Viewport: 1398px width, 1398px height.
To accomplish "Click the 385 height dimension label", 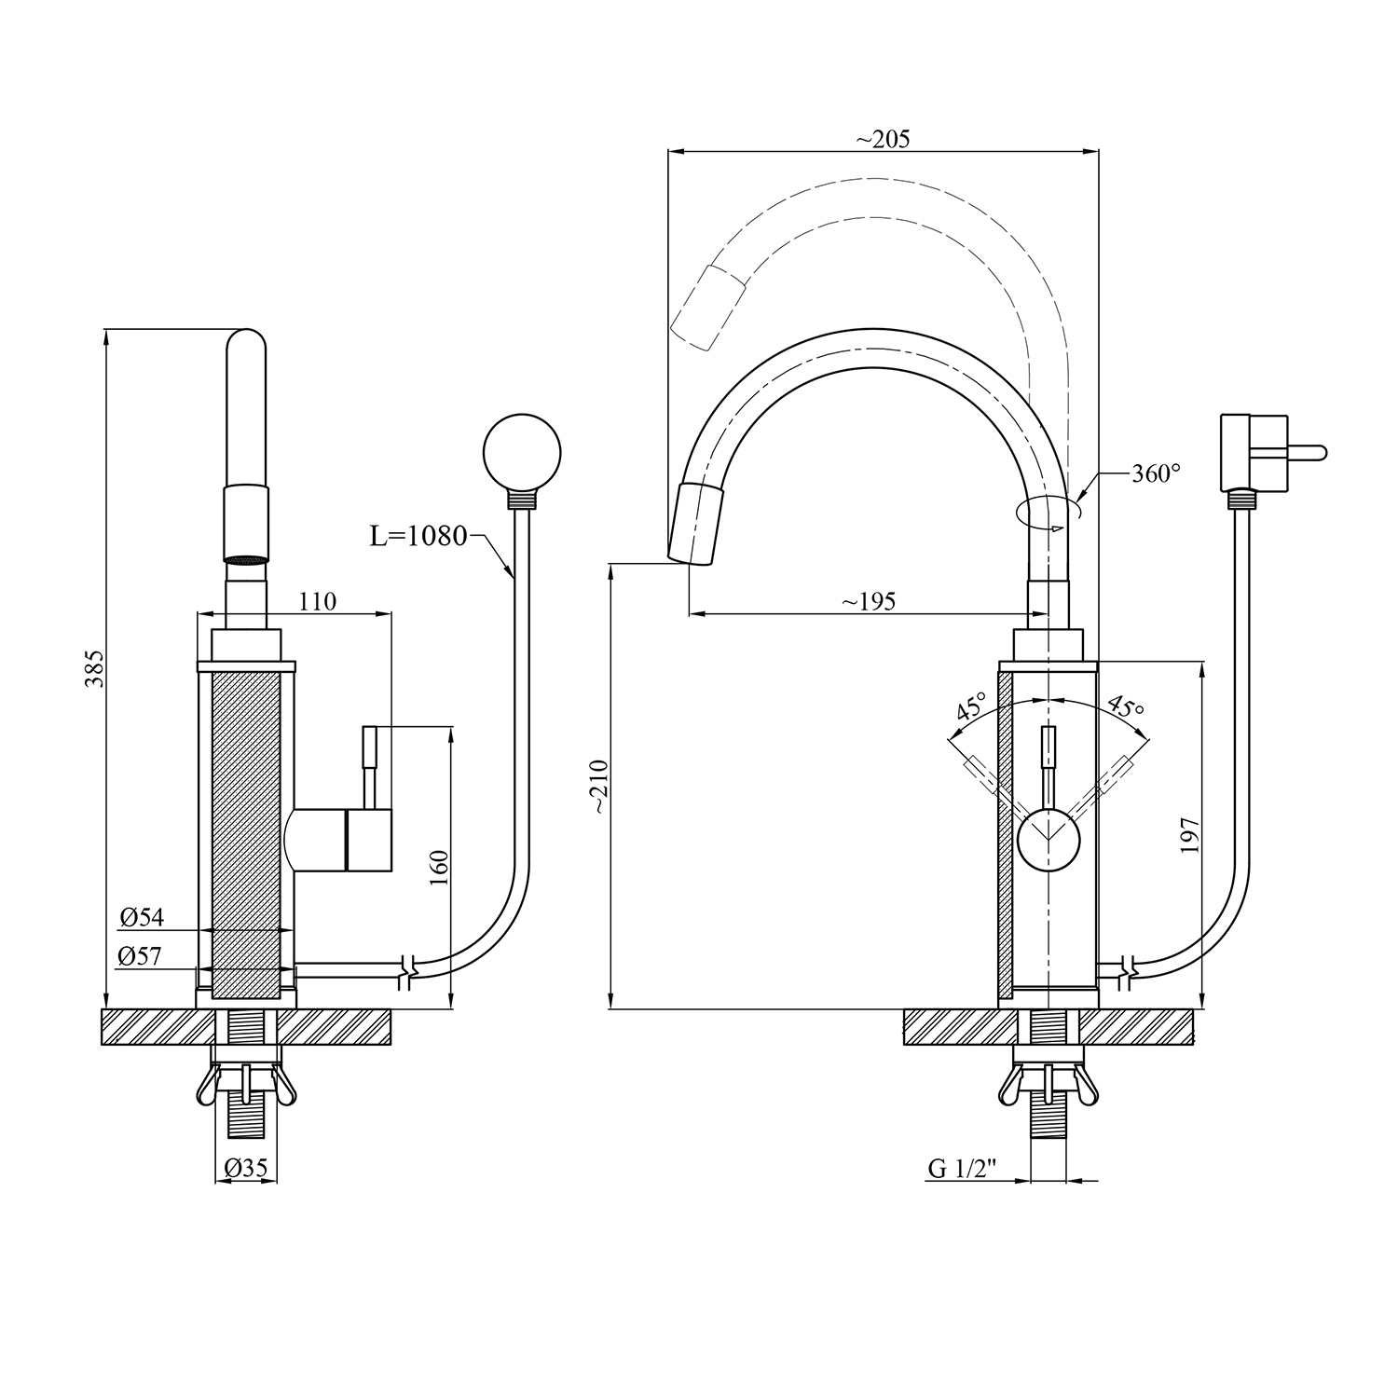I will click(x=94, y=667).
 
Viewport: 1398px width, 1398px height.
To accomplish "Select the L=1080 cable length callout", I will click(x=418, y=537).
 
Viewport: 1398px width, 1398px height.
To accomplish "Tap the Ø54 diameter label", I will click(x=142, y=918).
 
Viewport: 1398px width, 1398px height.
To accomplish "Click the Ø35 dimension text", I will click(x=246, y=1167).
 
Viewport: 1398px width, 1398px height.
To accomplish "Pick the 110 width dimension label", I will click(x=318, y=602).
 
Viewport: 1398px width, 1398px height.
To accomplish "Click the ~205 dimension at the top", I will click(x=882, y=139).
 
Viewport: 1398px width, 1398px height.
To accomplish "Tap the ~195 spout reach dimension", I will click(x=869, y=602).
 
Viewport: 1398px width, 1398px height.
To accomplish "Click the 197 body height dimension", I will click(x=1189, y=835).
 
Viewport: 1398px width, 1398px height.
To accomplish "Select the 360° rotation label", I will click(x=1156, y=473).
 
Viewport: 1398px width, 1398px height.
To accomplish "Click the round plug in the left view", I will click(x=522, y=454).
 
